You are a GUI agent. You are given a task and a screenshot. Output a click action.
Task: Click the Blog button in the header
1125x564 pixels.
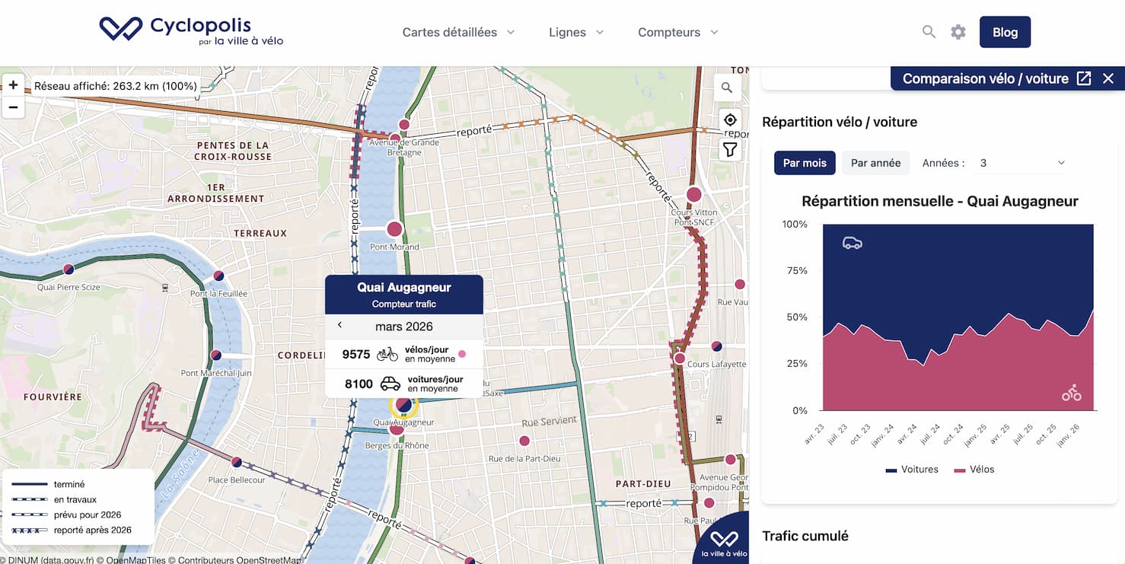click(x=1005, y=32)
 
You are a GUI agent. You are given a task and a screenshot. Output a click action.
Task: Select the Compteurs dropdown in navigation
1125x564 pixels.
click(x=677, y=32)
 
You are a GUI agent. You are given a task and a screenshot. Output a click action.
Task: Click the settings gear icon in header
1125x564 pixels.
click(x=958, y=32)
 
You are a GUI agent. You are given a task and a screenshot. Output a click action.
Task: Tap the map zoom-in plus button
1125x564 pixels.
click(x=14, y=85)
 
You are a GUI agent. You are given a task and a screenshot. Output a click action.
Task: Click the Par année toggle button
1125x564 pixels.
click(x=875, y=163)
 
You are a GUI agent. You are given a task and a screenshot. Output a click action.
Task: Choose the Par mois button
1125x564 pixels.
click(x=805, y=163)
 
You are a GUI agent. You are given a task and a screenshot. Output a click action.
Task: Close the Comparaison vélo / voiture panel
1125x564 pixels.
click(x=1108, y=78)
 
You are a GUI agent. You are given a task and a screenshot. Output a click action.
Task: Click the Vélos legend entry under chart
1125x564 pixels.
click(x=974, y=469)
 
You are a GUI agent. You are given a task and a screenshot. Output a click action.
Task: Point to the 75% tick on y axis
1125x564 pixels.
click(x=796, y=271)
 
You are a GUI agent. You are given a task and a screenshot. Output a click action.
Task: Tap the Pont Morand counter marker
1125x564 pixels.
click(x=394, y=228)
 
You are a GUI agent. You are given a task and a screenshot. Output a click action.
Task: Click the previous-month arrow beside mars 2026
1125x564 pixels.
click(x=339, y=325)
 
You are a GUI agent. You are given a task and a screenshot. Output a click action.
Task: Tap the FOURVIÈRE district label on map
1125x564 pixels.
click(x=53, y=397)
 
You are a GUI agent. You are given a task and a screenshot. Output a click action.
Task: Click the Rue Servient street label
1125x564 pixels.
click(x=550, y=422)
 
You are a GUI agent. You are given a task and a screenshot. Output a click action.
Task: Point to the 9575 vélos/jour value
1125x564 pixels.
click(x=356, y=354)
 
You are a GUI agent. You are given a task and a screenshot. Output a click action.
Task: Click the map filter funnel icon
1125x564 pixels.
click(x=729, y=150)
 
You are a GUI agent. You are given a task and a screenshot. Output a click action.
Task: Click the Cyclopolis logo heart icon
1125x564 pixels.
click(x=120, y=28)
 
